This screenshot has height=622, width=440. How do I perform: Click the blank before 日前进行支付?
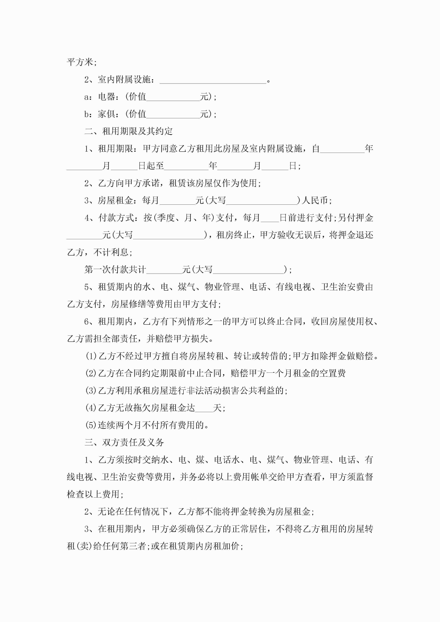coord(270,218)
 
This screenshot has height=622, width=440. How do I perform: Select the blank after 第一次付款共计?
coord(164,270)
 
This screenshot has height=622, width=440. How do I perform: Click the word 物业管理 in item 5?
coord(222,287)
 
